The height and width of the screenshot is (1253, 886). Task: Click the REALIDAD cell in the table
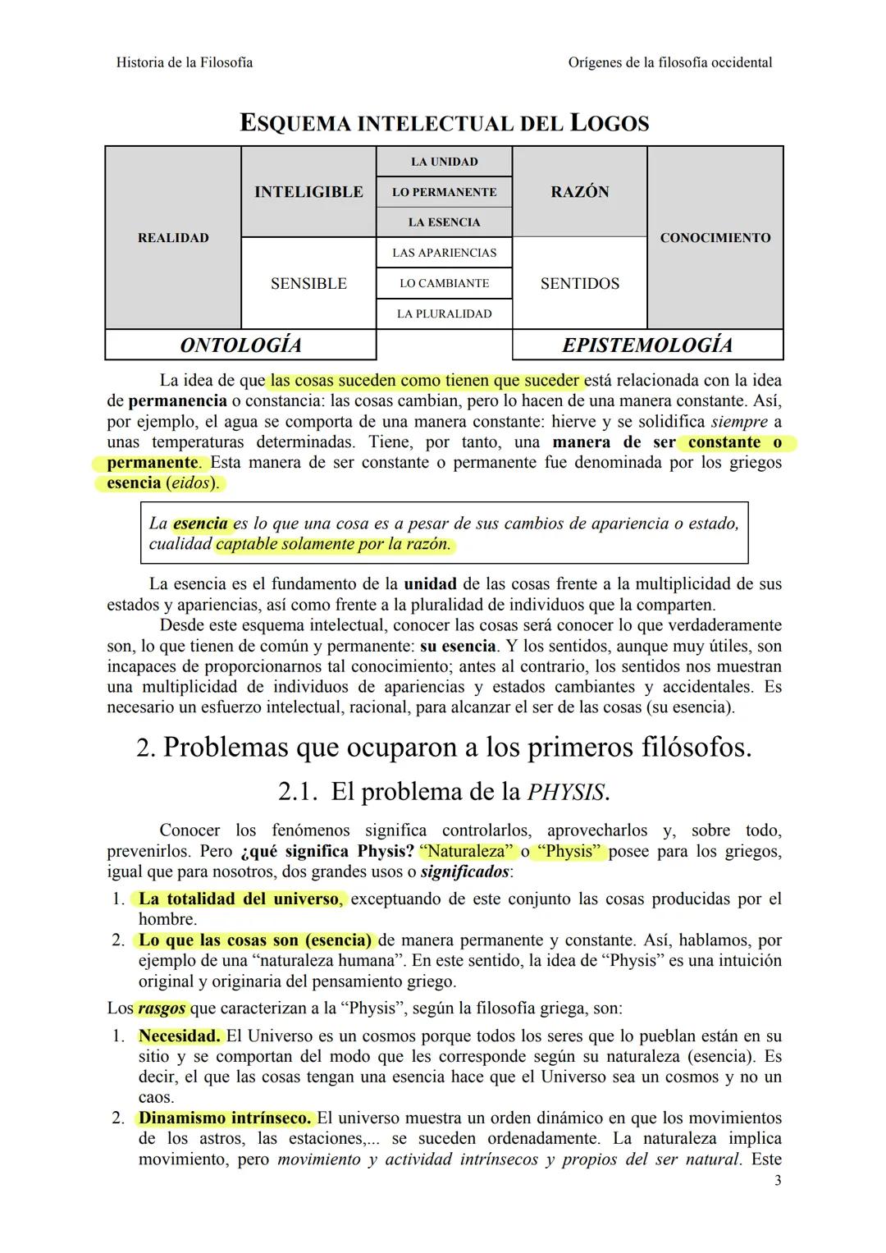coord(173,238)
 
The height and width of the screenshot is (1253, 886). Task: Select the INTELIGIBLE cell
coord(308,192)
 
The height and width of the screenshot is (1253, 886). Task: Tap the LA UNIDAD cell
coord(444,162)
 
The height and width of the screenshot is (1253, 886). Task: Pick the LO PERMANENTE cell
coord(444,192)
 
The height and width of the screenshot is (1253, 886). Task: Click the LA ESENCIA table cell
coord(444,222)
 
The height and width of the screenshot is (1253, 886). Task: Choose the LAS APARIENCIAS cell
coord(444,253)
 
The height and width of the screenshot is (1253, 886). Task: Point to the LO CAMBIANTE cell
coord(444,283)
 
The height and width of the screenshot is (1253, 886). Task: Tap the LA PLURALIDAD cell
coord(444,313)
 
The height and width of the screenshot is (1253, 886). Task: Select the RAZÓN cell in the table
coord(579,192)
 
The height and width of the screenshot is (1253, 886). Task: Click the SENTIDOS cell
coord(579,284)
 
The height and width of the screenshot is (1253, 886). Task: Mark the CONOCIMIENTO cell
coord(715,238)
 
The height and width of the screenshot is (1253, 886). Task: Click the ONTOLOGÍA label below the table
coord(240,345)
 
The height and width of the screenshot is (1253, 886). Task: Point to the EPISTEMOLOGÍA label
coord(647,345)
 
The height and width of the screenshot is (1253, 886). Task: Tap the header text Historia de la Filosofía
coord(185,62)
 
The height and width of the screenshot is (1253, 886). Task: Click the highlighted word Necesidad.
coord(179,1036)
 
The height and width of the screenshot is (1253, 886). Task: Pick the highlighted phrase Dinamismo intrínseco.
coord(225,1118)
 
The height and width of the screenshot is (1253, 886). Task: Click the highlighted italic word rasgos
coord(161,1008)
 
